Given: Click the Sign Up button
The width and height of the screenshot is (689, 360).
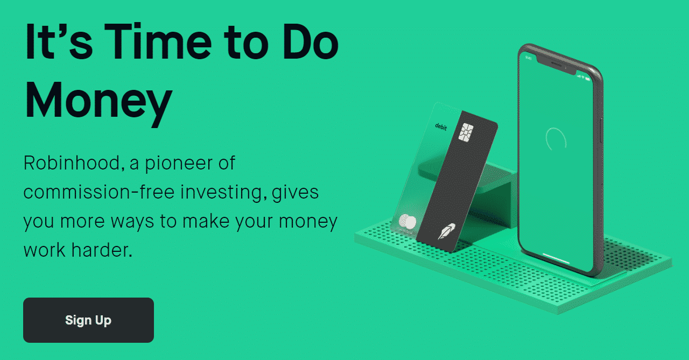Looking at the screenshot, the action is point(88,320).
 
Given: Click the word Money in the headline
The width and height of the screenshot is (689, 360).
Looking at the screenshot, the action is point(99,101).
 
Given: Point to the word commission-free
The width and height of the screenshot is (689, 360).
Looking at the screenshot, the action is point(99,192).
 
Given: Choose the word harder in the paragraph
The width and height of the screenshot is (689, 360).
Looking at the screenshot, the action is point(102,250).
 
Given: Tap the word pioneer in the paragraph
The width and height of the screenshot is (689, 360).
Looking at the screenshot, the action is point(179,164).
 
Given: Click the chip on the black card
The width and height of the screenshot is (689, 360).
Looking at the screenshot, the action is point(466,132).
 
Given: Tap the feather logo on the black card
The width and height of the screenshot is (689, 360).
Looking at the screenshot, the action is point(446,231).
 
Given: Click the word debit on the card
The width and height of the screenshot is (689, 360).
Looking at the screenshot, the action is point(441,126).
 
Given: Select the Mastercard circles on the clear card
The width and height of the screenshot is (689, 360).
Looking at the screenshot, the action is point(407,221).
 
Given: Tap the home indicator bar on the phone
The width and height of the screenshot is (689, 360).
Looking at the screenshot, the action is point(556,258).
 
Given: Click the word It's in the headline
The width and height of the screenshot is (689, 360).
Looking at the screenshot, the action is point(59,41).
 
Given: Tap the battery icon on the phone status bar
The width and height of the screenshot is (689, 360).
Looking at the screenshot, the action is point(588,79).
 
